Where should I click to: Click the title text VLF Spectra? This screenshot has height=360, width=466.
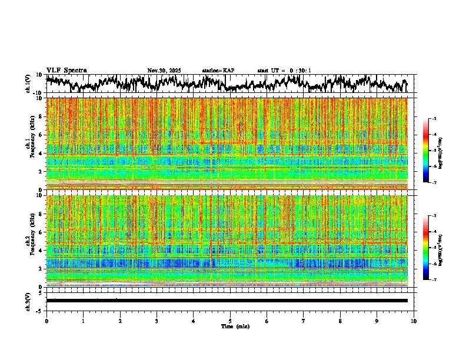point(66,70)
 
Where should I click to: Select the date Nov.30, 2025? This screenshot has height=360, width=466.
point(164,71)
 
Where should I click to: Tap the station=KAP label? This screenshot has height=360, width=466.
point(218,71)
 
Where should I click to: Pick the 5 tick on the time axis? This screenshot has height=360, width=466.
point(230,321)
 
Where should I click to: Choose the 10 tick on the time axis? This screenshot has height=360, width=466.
point(414,321)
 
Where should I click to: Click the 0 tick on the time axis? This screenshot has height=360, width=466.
point(46,321)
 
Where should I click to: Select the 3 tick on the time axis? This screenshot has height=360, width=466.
point(157,321)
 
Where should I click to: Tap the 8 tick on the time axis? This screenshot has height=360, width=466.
point(341,321)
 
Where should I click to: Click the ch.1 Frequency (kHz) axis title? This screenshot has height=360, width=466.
point(31,144)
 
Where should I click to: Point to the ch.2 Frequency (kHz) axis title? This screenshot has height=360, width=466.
point(31,241)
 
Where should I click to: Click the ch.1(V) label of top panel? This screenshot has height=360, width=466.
point(28,83)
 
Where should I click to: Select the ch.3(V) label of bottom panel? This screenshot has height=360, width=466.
point(28,300)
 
